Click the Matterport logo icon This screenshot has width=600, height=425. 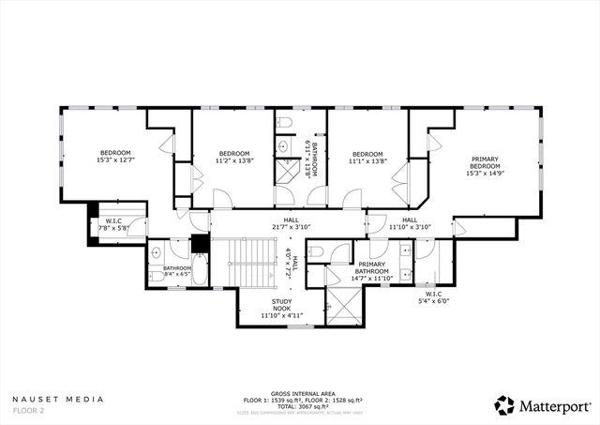point(505,404)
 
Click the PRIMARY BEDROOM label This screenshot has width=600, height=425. point(486,165)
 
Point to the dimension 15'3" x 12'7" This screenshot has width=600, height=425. point(116,159)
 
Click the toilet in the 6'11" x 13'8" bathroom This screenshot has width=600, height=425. point(287,123)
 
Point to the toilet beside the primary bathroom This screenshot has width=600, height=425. point(316,251)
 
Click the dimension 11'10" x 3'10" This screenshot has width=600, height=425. point(410,227)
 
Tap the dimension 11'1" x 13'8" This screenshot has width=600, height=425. point(367,160)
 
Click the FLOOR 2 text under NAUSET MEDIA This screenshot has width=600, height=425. point(29,410)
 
